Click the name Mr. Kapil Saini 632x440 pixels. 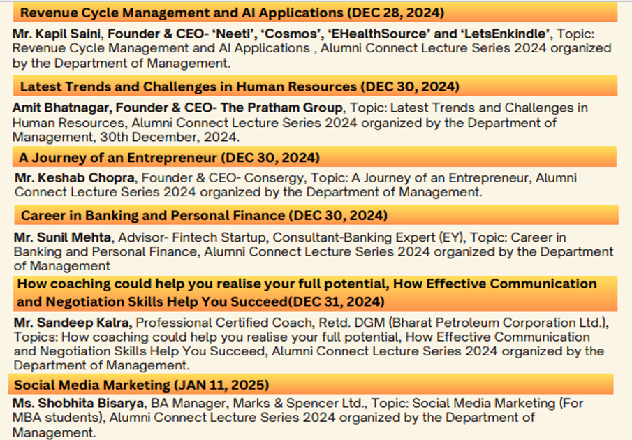pos(57,34)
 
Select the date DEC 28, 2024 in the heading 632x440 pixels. pos(397,13)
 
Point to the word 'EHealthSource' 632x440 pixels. pos(377,34)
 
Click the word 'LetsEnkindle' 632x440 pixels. pos(507,34)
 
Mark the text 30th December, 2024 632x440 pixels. pos(169,137)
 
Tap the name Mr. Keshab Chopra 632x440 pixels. pos(75,177)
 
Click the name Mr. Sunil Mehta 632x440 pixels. pos(62,237)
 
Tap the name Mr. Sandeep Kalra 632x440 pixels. pos(73,323)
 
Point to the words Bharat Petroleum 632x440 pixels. pos(443,323)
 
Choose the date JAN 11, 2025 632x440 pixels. pos(221,385)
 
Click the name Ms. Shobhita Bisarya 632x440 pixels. pos(78,404)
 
